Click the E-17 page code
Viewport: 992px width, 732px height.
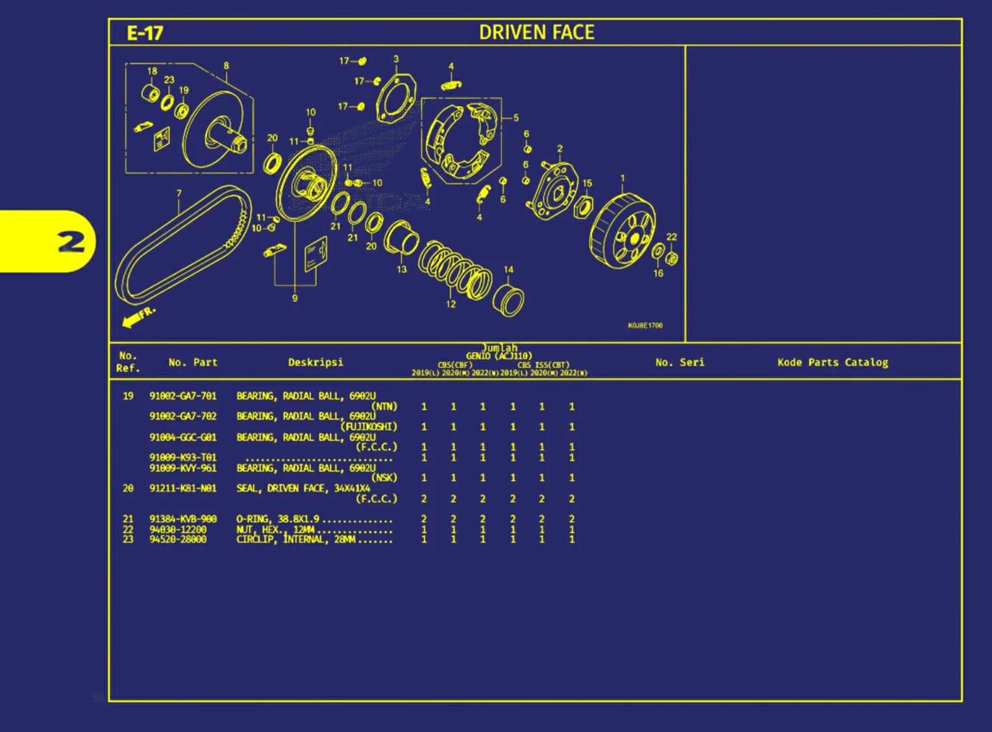(x=145, y=33)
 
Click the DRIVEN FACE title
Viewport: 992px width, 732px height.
(x=536, y=32)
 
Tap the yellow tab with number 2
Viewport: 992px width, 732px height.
(x=70, y=242)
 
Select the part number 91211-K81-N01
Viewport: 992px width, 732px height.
(x=183, y=488)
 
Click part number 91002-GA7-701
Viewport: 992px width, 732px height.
(x=183, y=396)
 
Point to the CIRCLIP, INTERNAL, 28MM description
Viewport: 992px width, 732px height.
(x=295, y=540)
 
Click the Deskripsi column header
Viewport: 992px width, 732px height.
(x=316, y=362)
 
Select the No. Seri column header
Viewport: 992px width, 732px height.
(x=680, y=362)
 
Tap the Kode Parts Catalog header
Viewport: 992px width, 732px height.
(x=832, y=362)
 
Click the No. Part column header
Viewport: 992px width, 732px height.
(x=193, y=362)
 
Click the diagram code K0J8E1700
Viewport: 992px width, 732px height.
(x=645, y=325)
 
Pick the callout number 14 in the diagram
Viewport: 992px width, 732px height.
(x=508, y=270)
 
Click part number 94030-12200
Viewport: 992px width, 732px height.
(x=178, y=530)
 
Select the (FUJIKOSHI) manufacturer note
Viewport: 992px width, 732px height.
(x=369, y=427)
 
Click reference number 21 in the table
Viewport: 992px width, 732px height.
(x=128, y=519)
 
